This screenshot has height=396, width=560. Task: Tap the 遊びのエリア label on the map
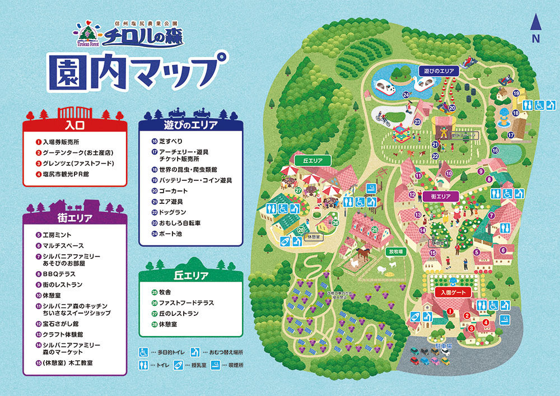[x=438, y=71]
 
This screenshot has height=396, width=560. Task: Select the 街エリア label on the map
[x=441, y=196]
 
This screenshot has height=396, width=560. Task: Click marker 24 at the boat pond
[x=405, y=95]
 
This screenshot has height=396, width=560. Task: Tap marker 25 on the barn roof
[x=375, y=230]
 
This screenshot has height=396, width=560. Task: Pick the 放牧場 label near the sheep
[x=396, y=251]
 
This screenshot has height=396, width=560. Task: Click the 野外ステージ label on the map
[x=453, y=136]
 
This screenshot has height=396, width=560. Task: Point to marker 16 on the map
[x=495, y=150]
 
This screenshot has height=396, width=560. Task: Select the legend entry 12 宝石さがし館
[x=56, y=324]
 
